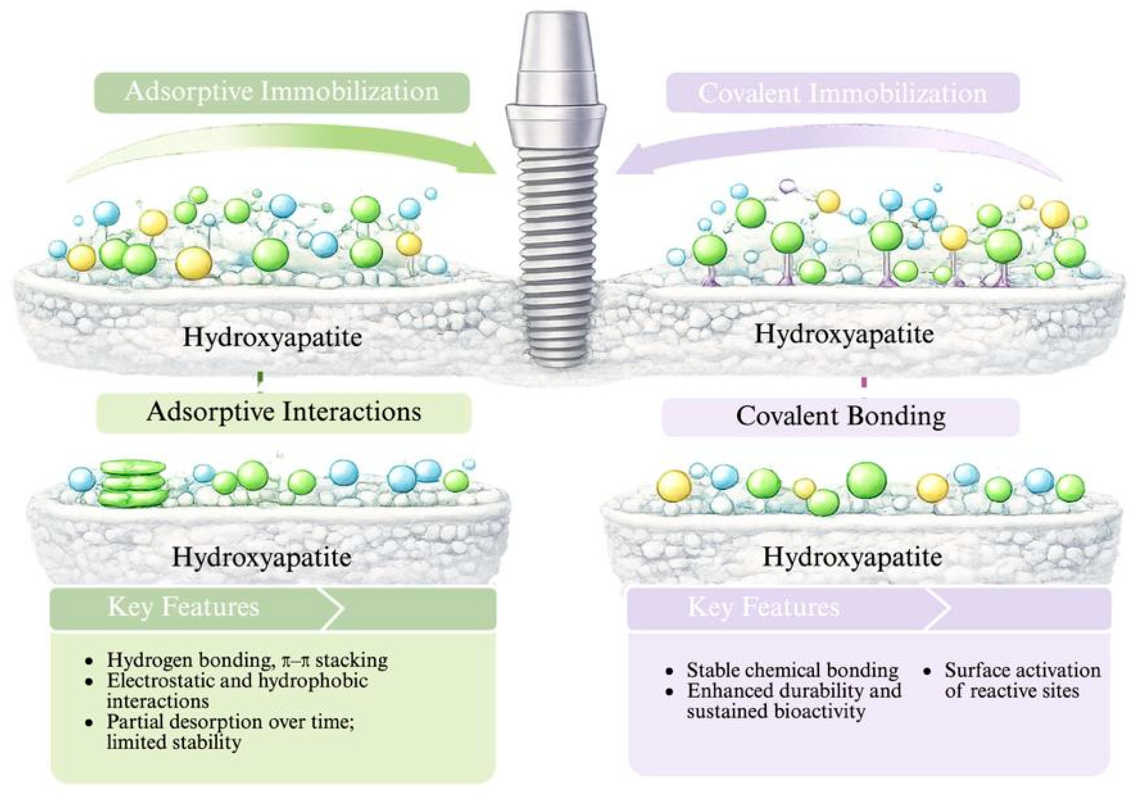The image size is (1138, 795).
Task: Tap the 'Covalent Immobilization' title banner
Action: pos(843,93)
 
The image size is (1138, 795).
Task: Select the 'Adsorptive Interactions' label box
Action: pos(283,413)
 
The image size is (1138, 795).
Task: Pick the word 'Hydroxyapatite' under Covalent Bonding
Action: pos(852,557)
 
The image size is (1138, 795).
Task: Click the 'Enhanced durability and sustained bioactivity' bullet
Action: pos(793,700)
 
